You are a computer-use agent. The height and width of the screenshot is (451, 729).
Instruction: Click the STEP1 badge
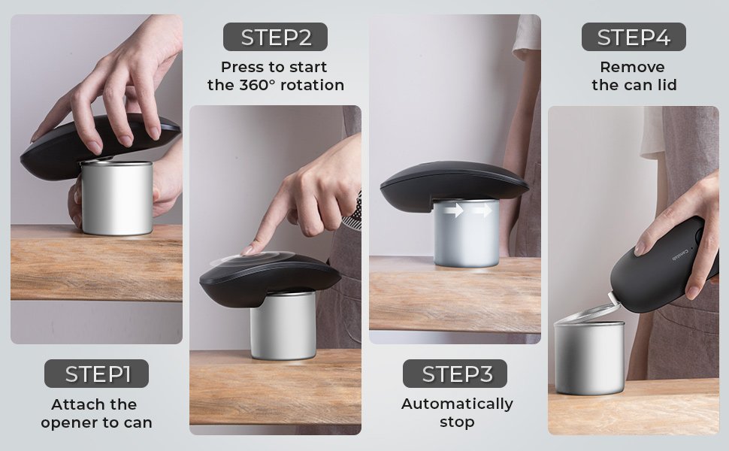click(x=96, y=374)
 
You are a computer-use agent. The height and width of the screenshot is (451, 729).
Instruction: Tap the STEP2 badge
click(x=275, y=37)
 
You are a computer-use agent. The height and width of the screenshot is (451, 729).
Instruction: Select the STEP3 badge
click(x=455, y=374)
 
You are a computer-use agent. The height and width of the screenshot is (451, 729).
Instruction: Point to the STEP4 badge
click(x=634, y=37)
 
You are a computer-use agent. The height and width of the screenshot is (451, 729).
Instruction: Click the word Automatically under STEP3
click(x=457, y=404)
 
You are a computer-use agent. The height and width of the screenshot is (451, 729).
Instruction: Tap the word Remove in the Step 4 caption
click(x=632, y=67)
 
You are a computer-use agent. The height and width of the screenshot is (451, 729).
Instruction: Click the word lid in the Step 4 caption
click(x=666, y=85)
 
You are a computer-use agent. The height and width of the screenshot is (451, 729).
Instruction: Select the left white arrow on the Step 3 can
click(x=453, y=210)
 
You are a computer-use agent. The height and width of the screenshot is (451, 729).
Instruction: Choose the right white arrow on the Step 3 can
click(x=482, y=210)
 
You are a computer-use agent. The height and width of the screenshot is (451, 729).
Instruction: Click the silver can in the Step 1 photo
click(x=116, y=198)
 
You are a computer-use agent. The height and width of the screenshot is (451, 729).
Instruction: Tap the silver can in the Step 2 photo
click(x=283, y=325)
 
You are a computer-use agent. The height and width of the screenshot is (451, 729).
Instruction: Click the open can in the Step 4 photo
click(x=589, y=357)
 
